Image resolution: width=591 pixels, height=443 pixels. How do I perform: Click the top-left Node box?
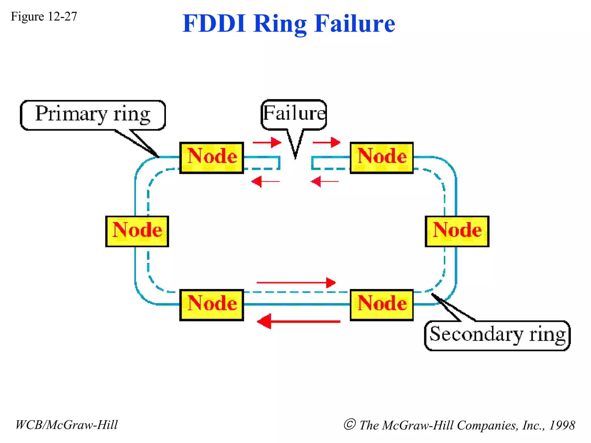(x=212, y=157)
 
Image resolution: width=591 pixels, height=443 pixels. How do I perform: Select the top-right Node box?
(x=381, y=157)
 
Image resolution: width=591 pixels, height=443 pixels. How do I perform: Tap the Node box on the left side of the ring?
(x=137, y=231)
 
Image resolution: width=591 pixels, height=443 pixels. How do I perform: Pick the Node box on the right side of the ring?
(x=457, y=231)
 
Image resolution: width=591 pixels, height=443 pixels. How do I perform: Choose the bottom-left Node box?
(x=212, y=305)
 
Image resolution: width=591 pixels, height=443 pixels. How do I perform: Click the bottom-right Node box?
(x=381, y=305)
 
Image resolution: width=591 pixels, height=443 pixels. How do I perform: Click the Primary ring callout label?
(x=93, y=115)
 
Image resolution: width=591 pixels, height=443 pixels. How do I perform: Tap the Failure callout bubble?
(x=294, y=114)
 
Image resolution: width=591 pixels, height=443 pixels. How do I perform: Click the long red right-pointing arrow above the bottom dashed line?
(x=296, y=283)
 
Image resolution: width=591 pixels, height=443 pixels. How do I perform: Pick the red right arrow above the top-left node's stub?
(x=267, y=142)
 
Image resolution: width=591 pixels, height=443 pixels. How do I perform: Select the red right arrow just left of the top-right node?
(x=326, y=142)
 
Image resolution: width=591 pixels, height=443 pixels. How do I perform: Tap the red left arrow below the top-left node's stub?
(x=265, y=181)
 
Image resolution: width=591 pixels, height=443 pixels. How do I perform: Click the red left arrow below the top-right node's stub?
(x=324, y=181)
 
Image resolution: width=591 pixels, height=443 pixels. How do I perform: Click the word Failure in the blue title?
(x=355, y=24)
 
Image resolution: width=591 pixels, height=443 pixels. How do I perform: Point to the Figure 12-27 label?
(x=44, y=16)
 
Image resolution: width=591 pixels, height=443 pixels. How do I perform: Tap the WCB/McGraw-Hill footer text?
(x=67, y=425)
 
